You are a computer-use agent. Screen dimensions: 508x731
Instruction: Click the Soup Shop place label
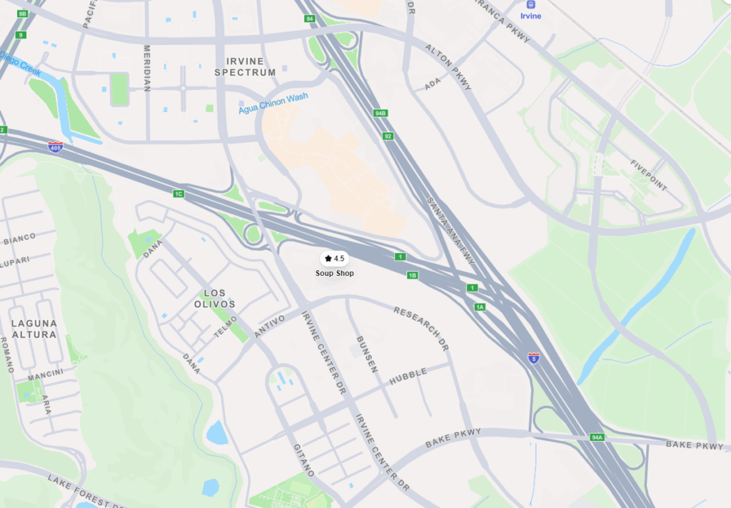click(x=334, y=273)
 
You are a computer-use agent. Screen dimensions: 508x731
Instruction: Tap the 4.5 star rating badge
click(x=334, y=258)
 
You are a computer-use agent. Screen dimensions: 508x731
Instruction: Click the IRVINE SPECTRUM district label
click(x=245, y=67)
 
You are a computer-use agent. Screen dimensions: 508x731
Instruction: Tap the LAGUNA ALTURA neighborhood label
click(x=34, y=329)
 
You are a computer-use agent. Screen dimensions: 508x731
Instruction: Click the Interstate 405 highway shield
click(x=55, y=146)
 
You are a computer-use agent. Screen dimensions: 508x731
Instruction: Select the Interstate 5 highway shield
click(x=533, y=357)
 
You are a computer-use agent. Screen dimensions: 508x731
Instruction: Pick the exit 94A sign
click(x=597, y=437)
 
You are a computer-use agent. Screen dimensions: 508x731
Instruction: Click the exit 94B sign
click(x=380, y=113)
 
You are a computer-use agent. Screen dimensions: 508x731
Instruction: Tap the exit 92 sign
click(x=388, y=136)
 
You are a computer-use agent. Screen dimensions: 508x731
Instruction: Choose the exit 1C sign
click(x=178, y=194)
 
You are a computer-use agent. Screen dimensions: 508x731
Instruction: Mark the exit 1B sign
click(x=412, y=275)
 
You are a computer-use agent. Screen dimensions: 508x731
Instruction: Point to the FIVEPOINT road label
click(x=648, y=176)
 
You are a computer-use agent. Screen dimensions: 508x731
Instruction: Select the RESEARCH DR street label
click(x=422, y=328)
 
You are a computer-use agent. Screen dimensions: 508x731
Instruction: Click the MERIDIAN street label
click(x=147, y=69)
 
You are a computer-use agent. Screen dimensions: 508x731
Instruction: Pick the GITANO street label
click(x=303, y=460)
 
